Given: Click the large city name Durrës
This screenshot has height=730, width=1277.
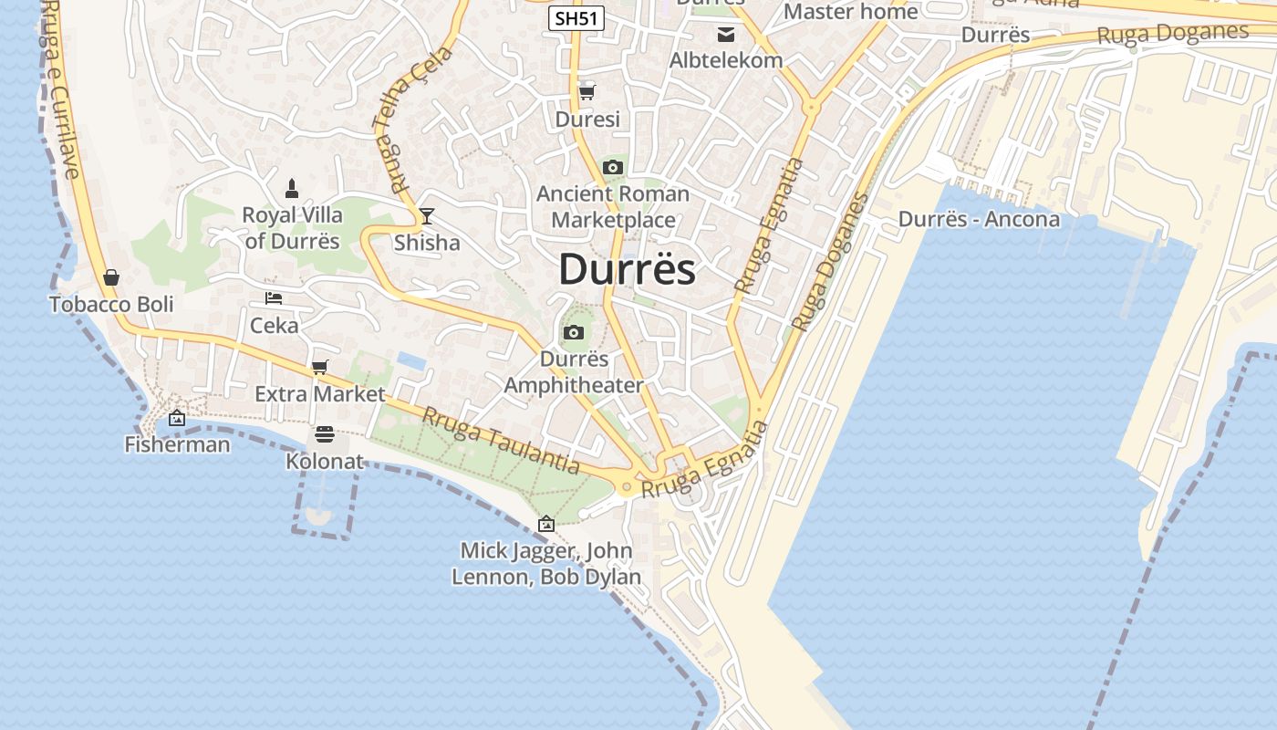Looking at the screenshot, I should tap(627, 269).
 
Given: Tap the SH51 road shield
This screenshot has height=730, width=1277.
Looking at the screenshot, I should tap(576, 17).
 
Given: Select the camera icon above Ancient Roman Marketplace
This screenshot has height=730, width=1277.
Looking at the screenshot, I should tap(613, 167).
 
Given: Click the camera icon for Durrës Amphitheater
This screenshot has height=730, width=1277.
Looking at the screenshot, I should tap(574, 332).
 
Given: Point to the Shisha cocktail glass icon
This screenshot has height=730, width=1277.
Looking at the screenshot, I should tap(426, 216).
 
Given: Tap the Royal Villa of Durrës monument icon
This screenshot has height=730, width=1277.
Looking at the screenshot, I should tap(292, 189).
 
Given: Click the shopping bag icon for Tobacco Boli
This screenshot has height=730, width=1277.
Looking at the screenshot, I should tap(111, 276).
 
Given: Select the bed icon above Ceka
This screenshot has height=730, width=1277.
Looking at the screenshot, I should tap(274, 297).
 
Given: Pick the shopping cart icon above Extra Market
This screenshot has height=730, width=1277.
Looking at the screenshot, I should tap(319, 367).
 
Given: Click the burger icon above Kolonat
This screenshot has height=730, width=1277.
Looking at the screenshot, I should tap(325, 434).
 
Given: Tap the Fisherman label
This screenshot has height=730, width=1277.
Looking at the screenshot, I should tap(177, 444).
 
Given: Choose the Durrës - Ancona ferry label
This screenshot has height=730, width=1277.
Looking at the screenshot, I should tap(979, 219).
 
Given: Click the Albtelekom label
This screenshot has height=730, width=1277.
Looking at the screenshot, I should tap(726, 60).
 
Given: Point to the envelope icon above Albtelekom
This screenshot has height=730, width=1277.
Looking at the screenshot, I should tap(726, 35).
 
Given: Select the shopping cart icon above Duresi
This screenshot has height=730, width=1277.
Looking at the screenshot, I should tap(587, 91).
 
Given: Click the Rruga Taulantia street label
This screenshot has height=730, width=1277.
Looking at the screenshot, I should tap(501, 440).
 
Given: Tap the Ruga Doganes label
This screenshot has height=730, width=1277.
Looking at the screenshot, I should tap(1172, 34).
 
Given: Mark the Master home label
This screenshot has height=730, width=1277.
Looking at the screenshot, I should tap(850, 12).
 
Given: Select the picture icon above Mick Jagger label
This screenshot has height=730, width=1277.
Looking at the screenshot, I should tap(546, 524).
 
